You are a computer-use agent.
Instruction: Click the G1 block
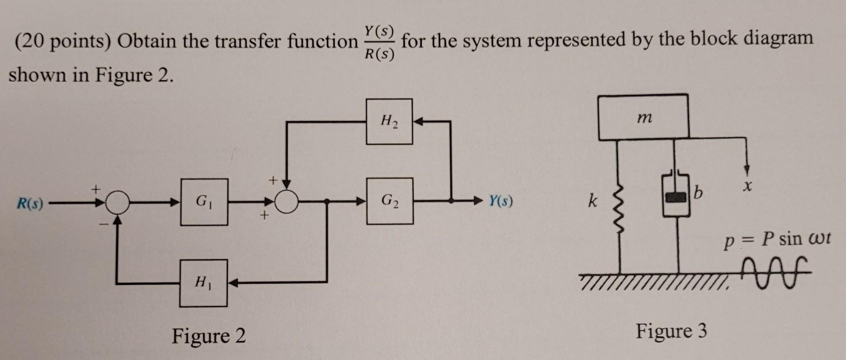204,202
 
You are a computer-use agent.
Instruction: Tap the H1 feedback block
203,283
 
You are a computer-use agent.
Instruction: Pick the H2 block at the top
389,122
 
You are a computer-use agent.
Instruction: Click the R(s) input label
30,204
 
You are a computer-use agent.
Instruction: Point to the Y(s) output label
501,201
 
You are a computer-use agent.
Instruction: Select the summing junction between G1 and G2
287,202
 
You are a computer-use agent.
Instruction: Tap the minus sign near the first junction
103,224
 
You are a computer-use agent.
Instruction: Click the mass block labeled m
643,117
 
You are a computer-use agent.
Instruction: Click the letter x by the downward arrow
746,188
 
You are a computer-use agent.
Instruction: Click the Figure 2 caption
208,336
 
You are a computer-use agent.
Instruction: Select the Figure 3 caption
671,330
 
